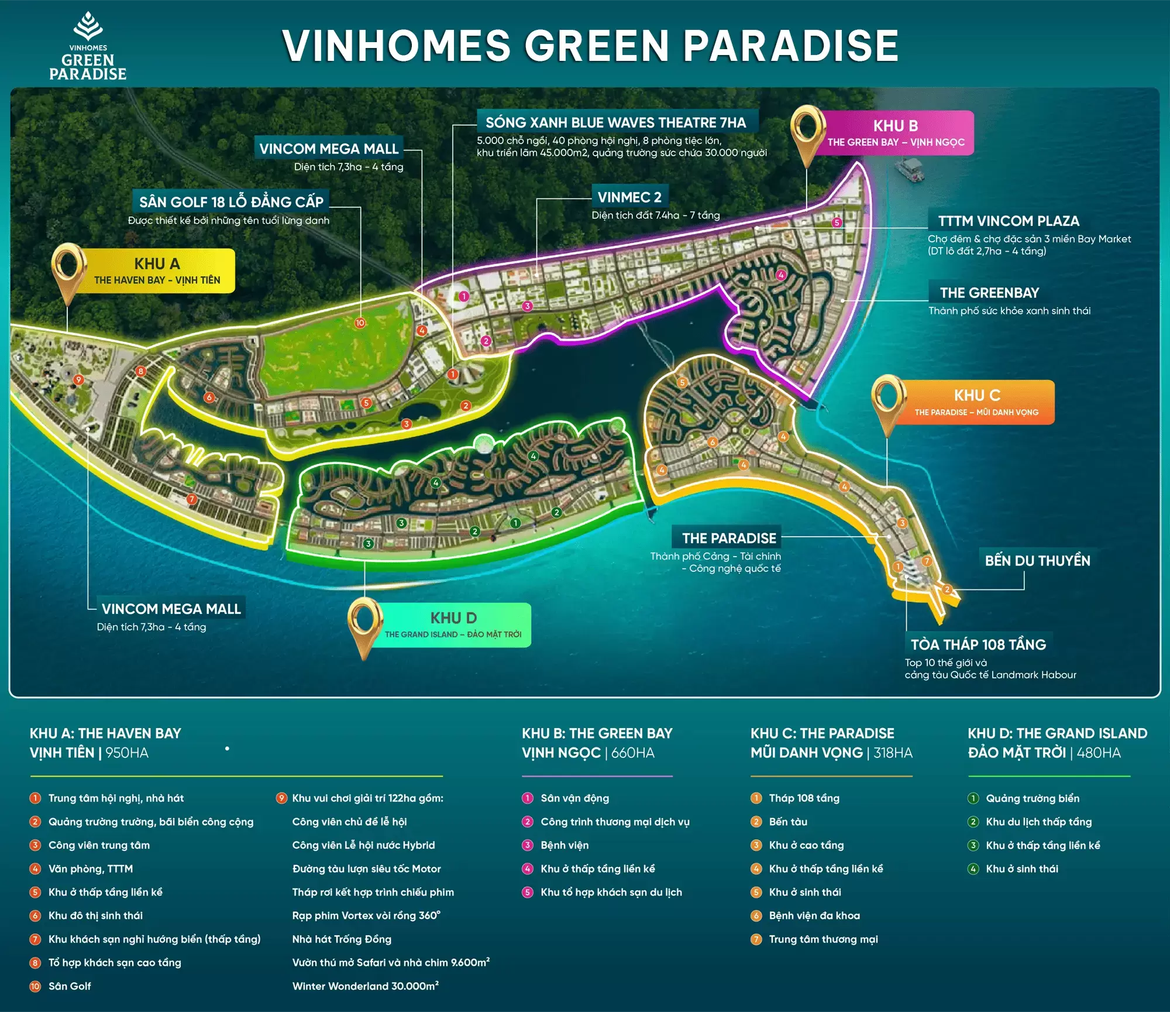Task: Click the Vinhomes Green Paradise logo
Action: (x=88, y=47)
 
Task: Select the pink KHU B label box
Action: (x=895, y=133)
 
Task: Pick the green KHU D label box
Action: (x=453, y=625)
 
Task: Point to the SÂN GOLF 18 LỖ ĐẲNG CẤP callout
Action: (x=231, y=202)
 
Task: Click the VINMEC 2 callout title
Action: (x=629, y=197)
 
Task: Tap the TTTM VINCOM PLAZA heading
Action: (x=1009, y=221)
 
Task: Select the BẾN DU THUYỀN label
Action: (x=1037, y=561)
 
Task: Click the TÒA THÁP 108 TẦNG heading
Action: (x=978, y=644)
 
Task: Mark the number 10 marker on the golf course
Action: (x=360, y=323)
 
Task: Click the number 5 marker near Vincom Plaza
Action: (x=837, y=222)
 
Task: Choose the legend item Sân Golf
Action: (x=70, y=986)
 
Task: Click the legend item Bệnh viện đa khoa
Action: (x=814, y=915)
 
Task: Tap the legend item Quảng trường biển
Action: (x=1033, y=798)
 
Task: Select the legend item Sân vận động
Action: (x=574, y=798)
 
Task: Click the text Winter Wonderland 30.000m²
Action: (x=366, y=986)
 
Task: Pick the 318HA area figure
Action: (x=893, y=753)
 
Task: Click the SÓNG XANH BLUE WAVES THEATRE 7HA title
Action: (x=615, y=122)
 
